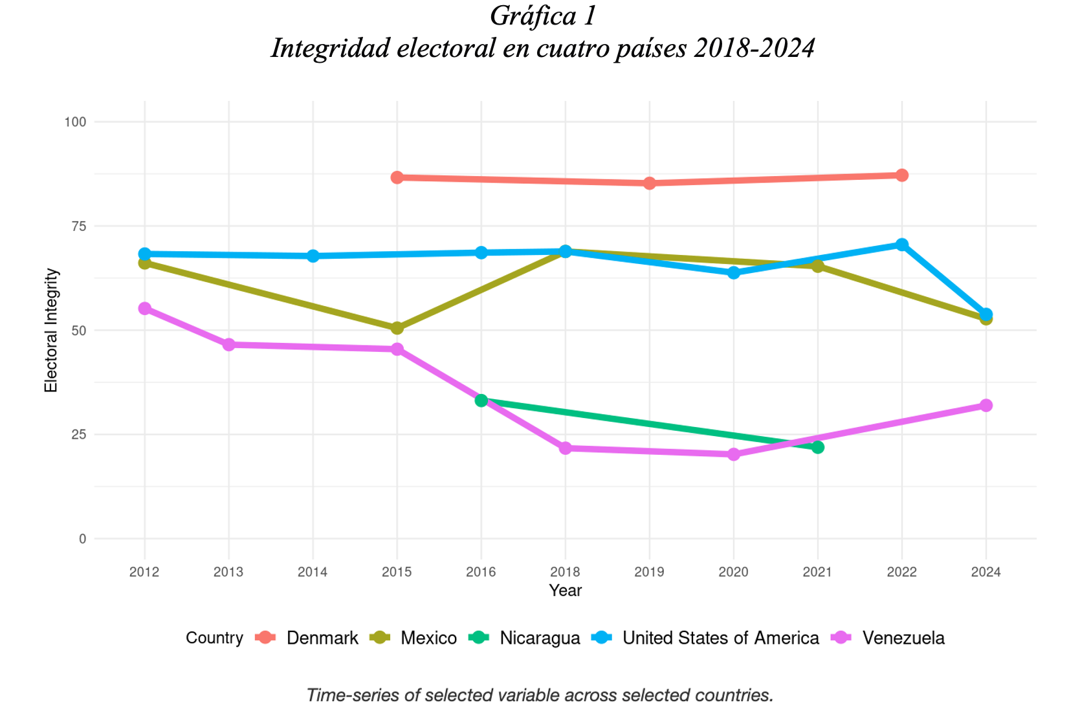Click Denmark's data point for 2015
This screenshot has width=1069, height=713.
tap(397, 177)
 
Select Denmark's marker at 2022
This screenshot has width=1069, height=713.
tap(901, 175)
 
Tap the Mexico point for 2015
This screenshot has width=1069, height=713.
tap(397, 328)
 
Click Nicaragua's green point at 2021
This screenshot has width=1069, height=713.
tap(817, 447)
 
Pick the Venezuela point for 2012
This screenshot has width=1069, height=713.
tap(144, 309)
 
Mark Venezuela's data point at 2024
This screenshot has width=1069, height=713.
tap(986, 406)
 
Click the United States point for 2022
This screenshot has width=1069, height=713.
tap(901, 245)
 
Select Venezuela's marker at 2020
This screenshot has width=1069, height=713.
tap(733, 454)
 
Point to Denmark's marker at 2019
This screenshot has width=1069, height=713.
tap(649, 183)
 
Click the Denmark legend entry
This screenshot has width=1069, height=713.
tap(322, 639)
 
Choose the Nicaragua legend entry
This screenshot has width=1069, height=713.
tap(540, 639)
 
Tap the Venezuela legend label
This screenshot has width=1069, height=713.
tap(903, 639)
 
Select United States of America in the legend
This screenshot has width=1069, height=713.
tap(720, 639)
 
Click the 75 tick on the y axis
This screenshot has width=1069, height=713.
tap(78, 226)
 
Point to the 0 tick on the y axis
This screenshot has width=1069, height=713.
tap(82, 539)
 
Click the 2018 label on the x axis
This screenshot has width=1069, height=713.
tap(565, 572)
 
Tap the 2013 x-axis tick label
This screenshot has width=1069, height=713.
tap(228, 572)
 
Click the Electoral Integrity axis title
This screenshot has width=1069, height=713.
tap(51, 330)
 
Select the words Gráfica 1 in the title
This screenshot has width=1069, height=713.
tap(542, 17)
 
